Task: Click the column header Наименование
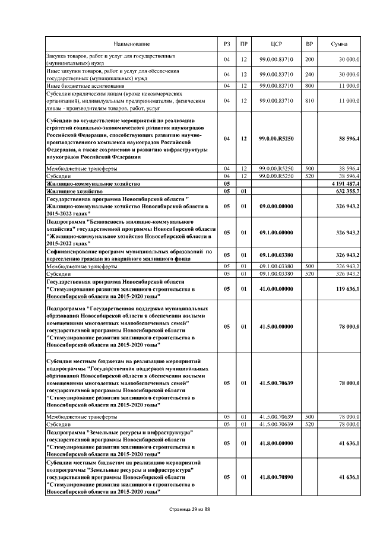(132, 45)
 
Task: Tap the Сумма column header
(340, 45)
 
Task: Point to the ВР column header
(309, 45)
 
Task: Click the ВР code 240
(309, 75)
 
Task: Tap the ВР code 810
(309, 101)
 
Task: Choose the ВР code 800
(309, 86)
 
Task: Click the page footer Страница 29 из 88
(190, 510)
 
